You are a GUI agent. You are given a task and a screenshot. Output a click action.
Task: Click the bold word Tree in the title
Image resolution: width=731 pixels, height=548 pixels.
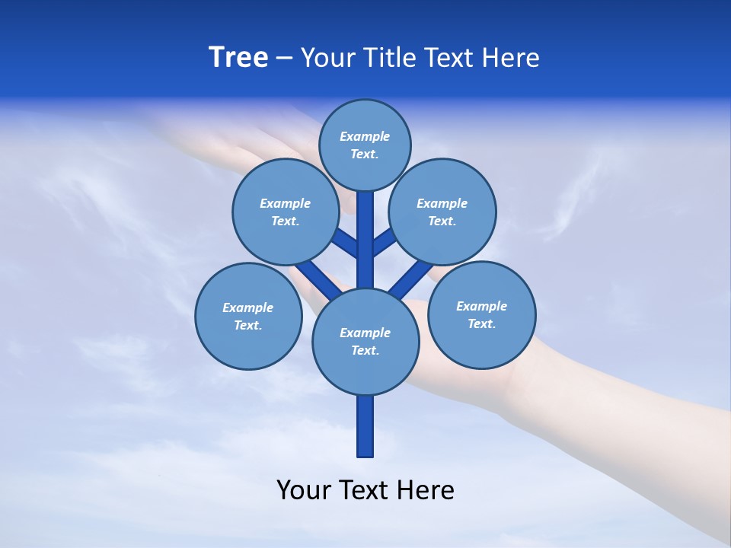click(238, 57)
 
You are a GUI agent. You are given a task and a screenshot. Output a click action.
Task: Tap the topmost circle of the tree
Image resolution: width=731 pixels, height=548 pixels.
click(365, 145)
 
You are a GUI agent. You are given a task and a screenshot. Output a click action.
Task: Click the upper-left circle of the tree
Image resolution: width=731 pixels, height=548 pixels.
click(286, 212)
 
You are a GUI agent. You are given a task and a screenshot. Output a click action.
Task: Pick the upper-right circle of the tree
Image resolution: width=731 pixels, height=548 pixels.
click(442, 212)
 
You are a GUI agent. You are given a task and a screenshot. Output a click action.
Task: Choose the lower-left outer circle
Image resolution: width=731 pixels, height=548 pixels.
click(248, 316)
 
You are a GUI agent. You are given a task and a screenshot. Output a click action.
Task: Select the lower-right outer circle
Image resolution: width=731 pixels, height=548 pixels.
click(482, 314)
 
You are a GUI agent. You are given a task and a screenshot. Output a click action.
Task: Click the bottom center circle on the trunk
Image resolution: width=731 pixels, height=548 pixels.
click(365, 341)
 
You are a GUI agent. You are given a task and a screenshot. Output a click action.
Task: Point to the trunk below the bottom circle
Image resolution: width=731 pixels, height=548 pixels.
click(365, 426)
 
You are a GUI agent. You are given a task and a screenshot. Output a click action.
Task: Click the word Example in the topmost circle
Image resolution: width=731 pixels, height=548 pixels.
click(365, 136)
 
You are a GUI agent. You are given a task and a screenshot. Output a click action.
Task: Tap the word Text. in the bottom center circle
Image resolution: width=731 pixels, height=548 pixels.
click(365, 350)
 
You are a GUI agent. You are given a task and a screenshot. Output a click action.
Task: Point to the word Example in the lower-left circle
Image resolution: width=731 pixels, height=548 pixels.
click(248, 307)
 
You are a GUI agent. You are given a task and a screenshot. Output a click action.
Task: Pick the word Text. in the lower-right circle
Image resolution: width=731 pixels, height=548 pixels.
click(481, 323)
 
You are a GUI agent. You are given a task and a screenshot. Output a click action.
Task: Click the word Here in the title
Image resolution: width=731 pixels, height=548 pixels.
click(510, 58)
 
